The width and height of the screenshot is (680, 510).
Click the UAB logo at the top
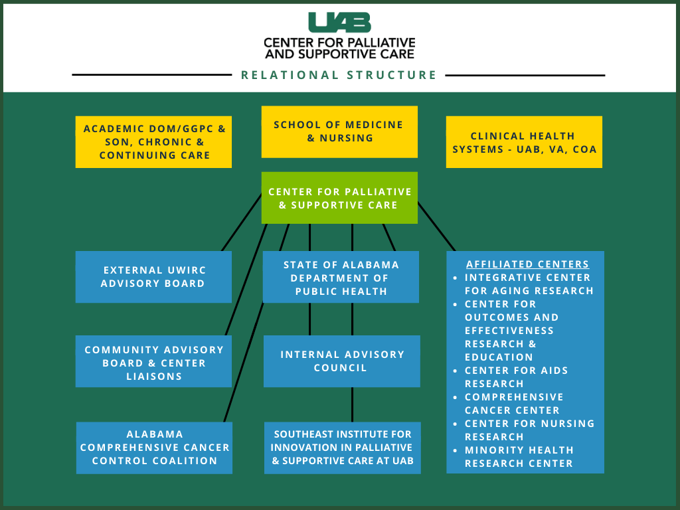(339, 23)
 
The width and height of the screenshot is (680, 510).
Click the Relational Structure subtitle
(339, 75)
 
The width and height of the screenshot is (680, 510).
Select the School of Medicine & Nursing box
(339, 131)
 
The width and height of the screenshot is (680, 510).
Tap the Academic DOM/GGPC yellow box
(153, 142)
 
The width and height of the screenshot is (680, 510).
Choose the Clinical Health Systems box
(524, 142)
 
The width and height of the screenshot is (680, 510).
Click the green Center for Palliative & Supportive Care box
(339, 198)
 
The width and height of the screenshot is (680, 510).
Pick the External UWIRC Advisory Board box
(153, 277)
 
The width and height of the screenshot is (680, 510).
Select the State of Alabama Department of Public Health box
(341, 277)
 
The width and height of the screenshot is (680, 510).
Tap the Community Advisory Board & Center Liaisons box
(153, 362)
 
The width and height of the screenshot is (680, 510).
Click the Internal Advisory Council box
(341, 361)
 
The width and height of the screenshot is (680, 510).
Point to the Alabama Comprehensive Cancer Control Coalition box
(154, 448)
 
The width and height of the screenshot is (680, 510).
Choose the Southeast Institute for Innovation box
(342, 448)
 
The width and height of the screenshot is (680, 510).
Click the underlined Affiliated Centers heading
(527, 264)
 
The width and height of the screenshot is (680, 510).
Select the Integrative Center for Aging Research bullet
(529, 284)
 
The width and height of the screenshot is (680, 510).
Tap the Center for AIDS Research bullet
(516, 377)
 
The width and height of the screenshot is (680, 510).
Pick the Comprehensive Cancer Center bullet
(513, 404)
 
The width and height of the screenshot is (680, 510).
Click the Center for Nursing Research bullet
(529, 430)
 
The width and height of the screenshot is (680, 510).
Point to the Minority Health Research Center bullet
(518, 457)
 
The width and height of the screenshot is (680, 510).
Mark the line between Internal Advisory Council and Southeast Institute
(352, 404)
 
